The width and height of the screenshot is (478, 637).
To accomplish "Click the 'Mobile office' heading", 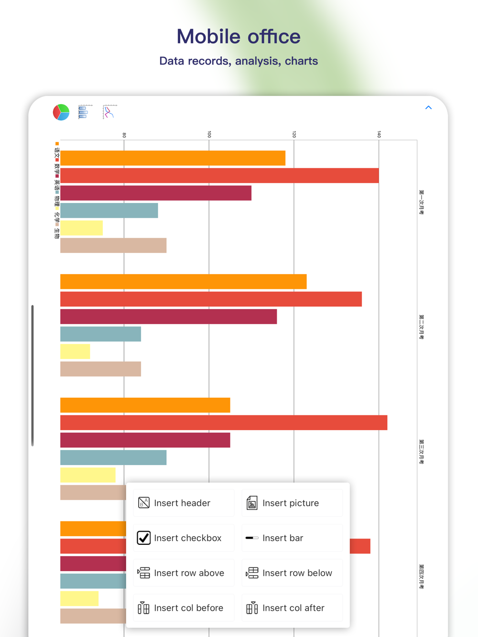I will (x=239, y=37).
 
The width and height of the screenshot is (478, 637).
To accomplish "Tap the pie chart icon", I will (x=61, y=112).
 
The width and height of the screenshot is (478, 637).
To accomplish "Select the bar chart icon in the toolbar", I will (x=84, y=112).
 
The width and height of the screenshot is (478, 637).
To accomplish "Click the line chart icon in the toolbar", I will (x=109, y=112).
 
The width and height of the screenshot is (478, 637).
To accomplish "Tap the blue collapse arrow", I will (x=428, y=107).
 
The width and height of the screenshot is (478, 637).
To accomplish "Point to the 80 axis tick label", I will (x=124, y=135).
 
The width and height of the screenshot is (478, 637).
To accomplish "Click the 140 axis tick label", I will (x=379, y=135).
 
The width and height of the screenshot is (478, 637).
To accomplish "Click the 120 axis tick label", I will (x=294, y=135).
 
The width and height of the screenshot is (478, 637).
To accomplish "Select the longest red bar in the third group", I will (x=224, y=423).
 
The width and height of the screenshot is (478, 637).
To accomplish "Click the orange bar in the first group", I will (x=173, y=158).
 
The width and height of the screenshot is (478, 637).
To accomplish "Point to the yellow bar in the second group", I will (x=75, y=351).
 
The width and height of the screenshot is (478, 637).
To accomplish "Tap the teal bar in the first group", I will (x=109, y=211).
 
